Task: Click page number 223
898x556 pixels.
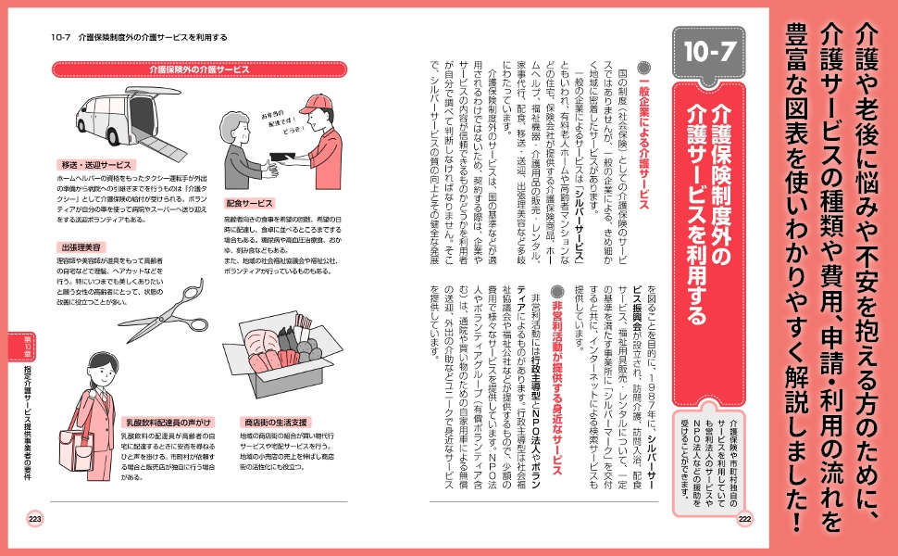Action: coord(35,519)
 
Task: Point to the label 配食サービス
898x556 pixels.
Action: coord(249,202)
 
